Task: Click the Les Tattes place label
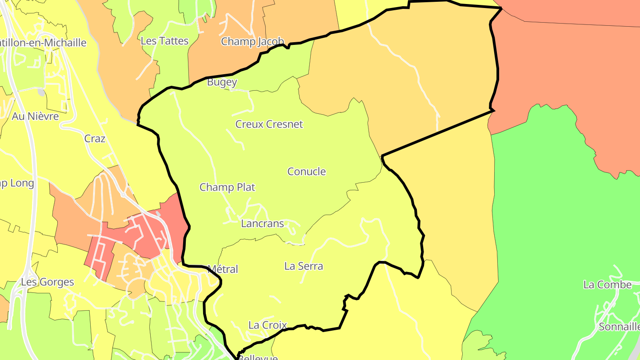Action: tap(164, 41)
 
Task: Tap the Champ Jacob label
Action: tap(252, 42)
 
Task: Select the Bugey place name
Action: tap(222, 82)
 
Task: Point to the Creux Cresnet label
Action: tap(269, 124)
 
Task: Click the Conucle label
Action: tap(306, 172)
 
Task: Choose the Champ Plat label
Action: tap(227, 188)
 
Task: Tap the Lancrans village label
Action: tap(262, 224)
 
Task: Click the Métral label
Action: tap(223, 269)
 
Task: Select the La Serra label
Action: tap(304, 267)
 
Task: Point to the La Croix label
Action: tap(268, 325)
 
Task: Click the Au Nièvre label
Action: tap(35, 116)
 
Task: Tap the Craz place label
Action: tap(95, 139)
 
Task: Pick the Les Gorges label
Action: tap(48, 282)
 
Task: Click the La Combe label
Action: tap(607, 285)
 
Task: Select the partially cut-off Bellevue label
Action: tap(258, 357)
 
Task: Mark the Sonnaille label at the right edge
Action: tap(619, 327)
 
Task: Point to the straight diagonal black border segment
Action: tap(438, 133)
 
